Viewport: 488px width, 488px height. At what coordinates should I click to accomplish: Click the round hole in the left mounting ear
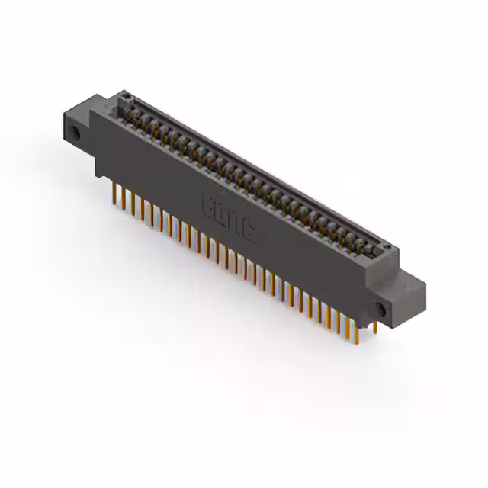(76, 134)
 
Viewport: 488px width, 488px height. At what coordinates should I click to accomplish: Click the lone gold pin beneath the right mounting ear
(375, 327)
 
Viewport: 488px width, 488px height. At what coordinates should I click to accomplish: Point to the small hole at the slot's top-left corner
(127, 98)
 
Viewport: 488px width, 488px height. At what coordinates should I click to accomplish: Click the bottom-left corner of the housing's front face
(96, 175)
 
